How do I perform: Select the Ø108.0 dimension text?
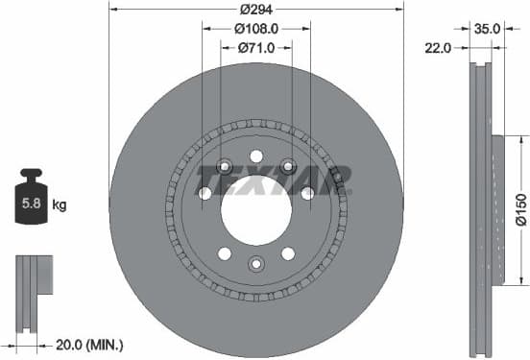coord(255,28)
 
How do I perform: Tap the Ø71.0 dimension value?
coord(255,47)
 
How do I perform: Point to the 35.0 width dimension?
coord(488,28)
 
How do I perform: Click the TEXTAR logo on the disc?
coord(274,179)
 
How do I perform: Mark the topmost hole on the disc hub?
coord(255,156)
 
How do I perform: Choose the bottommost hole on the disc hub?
coord(255,263)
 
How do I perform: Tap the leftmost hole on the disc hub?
coord(205,194)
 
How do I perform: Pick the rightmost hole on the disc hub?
coord(307,194)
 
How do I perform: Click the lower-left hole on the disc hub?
coord(224,253)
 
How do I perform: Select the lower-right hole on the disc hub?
coord(287,253)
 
